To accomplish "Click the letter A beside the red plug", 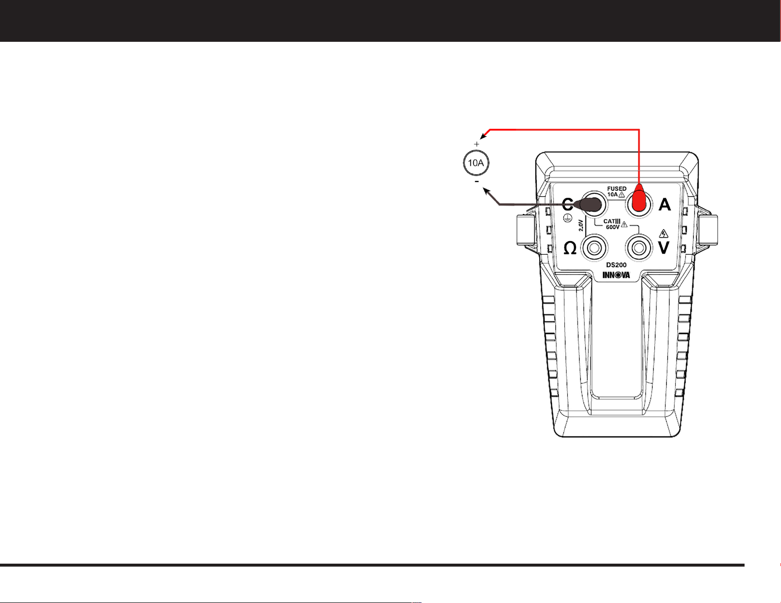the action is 665,205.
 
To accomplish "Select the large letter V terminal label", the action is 663,247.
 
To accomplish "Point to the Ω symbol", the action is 570,248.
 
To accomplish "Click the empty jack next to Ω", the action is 594,248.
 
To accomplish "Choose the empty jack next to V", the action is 639,248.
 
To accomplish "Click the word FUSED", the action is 617,188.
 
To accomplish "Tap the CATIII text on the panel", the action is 612,221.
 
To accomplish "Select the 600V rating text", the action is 613,227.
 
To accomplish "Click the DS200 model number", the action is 617,265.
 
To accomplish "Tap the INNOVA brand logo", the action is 616,275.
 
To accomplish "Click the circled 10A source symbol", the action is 476,163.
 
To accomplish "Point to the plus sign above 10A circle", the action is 477,144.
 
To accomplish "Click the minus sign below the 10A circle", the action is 477,182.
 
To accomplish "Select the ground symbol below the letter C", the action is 567,217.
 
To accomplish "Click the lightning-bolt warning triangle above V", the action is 663,234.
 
